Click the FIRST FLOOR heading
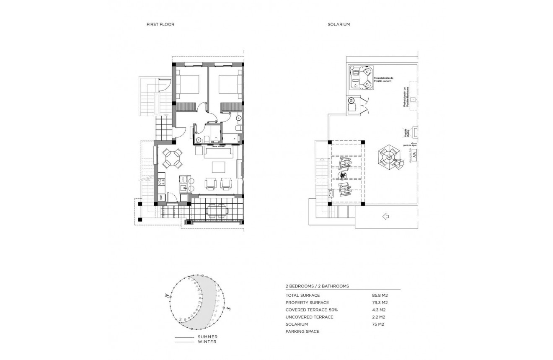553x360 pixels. (x=160, y=25)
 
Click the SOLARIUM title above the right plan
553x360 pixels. (x=339, y=25)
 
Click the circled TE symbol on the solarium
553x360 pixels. (x=351, y=100)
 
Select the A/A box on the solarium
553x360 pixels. (x=414, y=155)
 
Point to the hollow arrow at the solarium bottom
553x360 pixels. (x=386, y=216)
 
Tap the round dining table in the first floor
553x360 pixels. (x=172, y=158)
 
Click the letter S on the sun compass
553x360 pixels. (x=229, y=308)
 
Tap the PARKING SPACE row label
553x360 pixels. (x=302, y=332)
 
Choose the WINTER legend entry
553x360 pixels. (x=207, y=342)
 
